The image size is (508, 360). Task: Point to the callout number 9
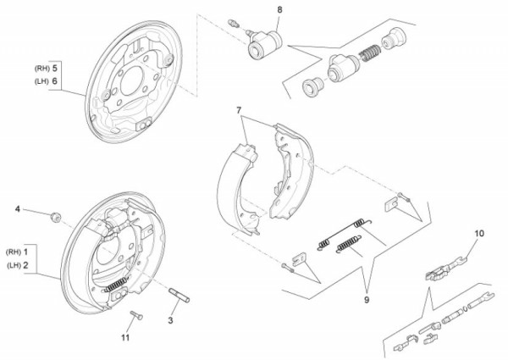[367, 298]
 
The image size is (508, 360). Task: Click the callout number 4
[16, 208]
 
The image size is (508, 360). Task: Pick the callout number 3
[170, 320]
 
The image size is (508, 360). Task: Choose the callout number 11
[125, 338]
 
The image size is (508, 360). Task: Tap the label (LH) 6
[47, 80]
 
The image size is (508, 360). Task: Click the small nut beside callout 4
[55, 217]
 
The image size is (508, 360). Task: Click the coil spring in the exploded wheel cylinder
[367, 53]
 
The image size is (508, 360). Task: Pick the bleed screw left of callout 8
[235, 20]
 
